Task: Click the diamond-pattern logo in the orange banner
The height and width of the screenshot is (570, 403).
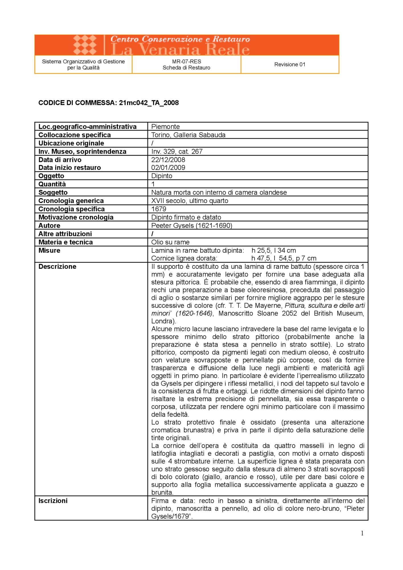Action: (85, 45)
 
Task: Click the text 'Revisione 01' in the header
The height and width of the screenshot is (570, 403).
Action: (290, 64)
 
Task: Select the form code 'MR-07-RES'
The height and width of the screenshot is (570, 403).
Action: (187, 61)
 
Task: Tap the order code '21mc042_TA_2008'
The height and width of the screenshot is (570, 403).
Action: (149, 103)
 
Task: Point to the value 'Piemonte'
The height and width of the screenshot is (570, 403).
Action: (165, 127)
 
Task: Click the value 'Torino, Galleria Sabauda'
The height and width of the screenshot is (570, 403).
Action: (188, 135)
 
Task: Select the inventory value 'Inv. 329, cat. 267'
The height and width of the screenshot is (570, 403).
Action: (177, 151)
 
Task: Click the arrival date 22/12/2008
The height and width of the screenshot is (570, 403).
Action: (168, 160)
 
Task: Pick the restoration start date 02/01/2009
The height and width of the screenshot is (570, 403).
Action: (168, 168)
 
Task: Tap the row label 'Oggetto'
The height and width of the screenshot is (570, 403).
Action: (51, 176)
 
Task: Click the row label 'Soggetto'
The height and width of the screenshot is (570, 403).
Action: (53, 192)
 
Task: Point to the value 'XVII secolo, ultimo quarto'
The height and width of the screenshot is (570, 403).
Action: (190, 201)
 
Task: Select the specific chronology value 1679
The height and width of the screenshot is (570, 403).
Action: (159, 209)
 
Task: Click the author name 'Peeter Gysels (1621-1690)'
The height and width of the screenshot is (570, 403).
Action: (192, 225)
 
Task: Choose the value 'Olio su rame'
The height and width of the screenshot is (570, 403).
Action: (170, 242)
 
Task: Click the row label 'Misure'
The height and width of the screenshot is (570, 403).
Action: (49, 251)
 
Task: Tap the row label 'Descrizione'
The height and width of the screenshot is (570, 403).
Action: (57, 266)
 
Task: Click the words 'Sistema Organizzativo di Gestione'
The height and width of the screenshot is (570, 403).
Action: (83, 61)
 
